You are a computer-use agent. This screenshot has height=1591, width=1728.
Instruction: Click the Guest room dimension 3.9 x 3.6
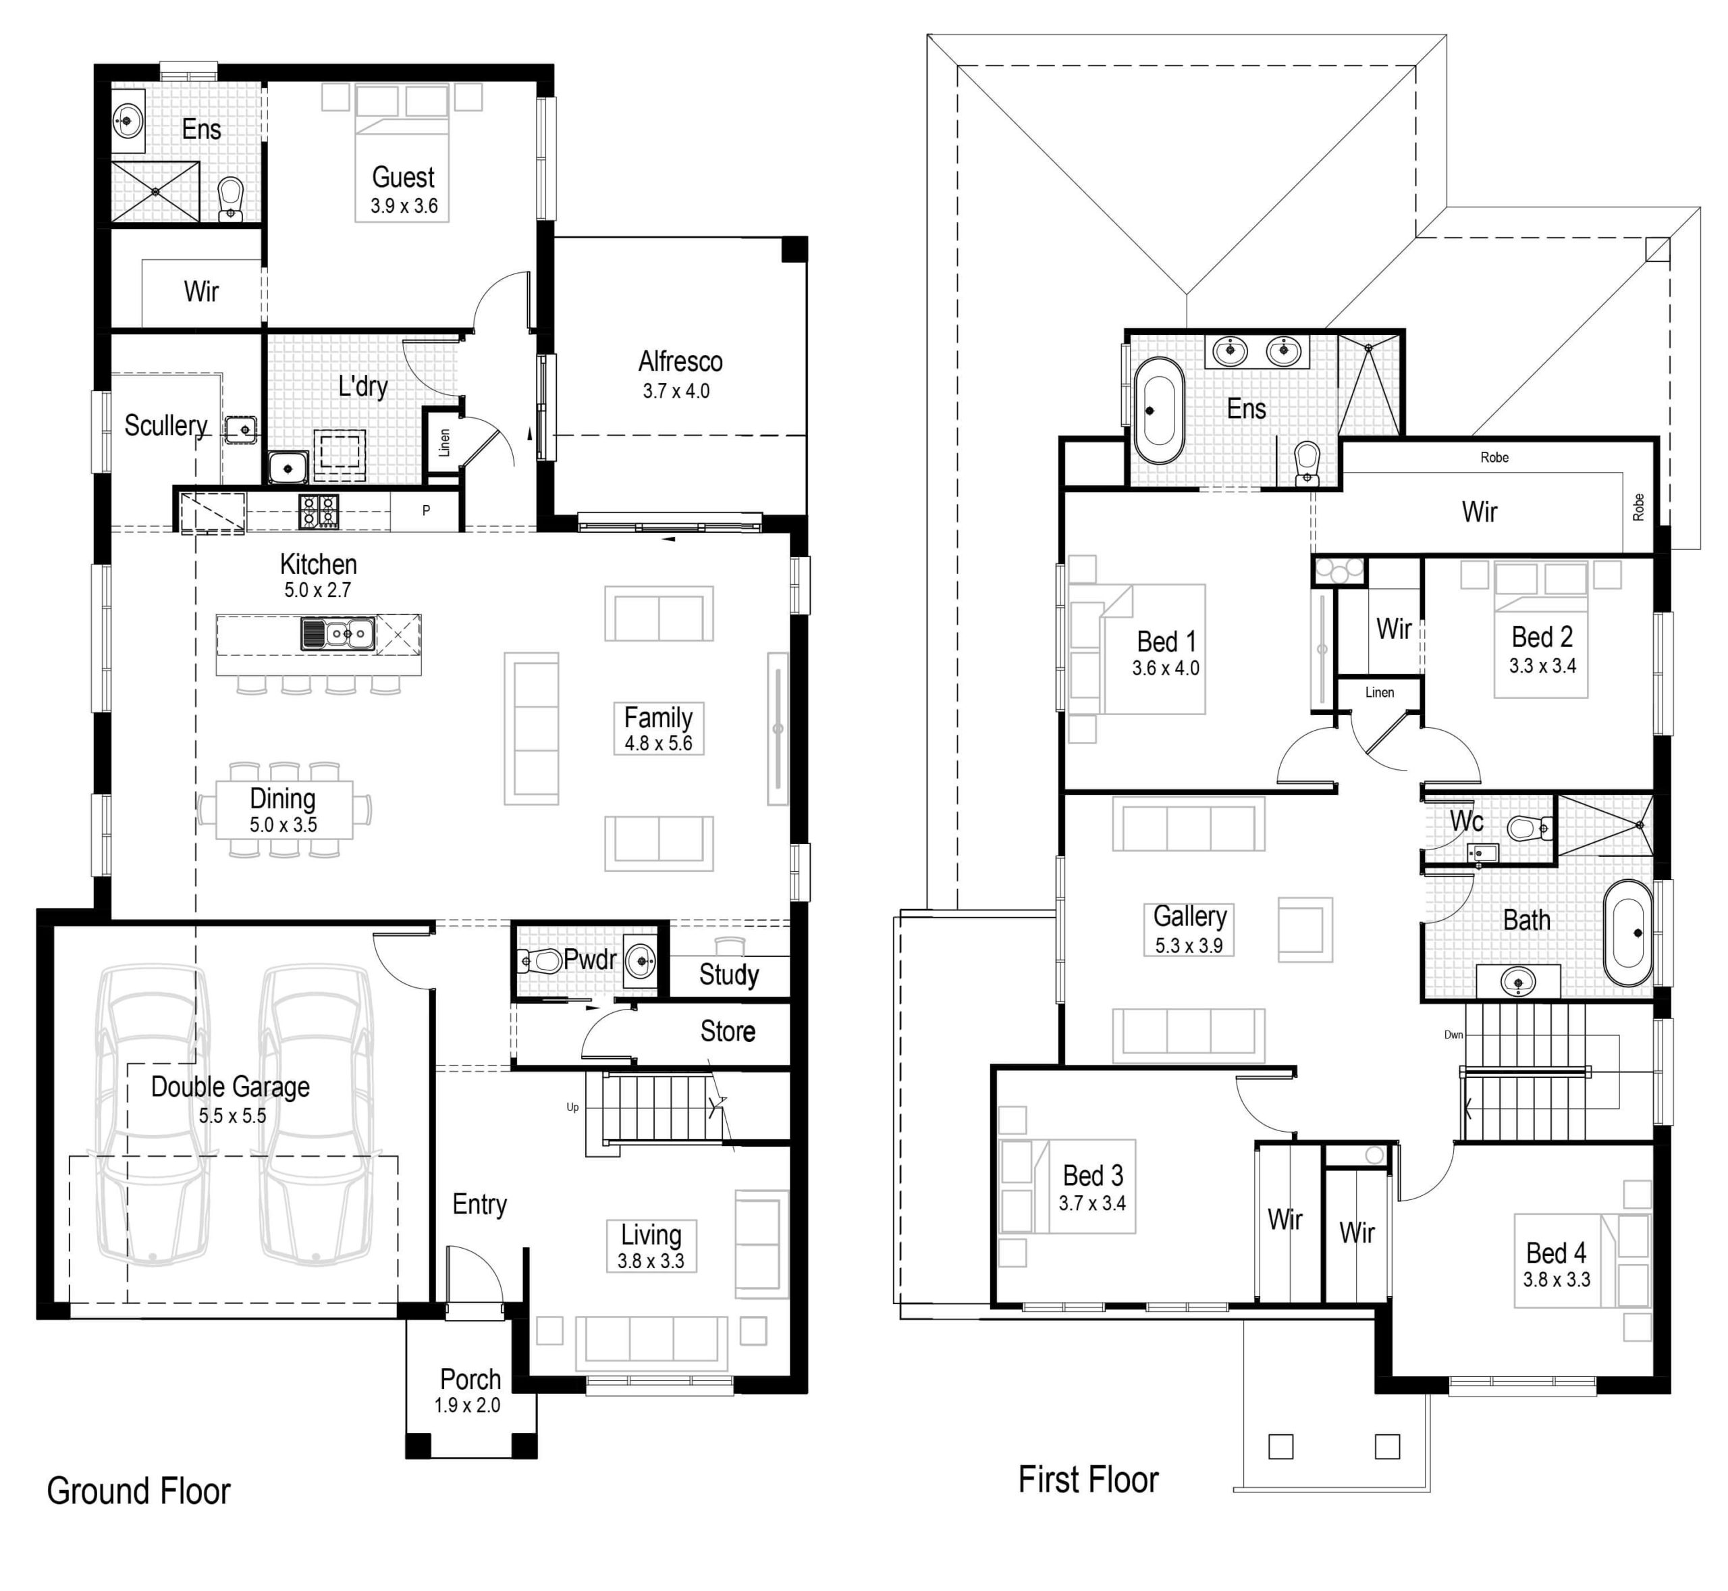coord(404,206)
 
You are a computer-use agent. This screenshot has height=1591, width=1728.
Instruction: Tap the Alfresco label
coord(680,361)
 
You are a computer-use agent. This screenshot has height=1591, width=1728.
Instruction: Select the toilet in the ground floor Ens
coord(231,199)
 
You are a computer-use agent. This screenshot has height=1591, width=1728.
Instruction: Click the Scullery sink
coord(241,429)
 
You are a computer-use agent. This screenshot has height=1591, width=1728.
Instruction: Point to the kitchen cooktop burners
coord(319,511)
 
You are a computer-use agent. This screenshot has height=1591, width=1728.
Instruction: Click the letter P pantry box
coord(426,511)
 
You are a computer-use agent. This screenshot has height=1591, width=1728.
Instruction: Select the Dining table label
coord(282,799)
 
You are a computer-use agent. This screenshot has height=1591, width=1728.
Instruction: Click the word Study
coord(728,974)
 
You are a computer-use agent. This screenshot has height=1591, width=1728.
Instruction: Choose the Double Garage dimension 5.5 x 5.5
coord(232,1116)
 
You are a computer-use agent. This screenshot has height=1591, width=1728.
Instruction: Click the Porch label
coord(470,1379)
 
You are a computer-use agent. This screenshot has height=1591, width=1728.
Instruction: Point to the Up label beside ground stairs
coord(572,1107)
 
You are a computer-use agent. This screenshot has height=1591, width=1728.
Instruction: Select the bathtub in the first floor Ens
coord(1159,411)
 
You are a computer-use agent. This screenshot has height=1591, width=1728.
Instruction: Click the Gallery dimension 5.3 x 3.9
coord(1189,945)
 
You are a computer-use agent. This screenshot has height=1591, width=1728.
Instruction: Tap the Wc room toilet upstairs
coord(1528,828)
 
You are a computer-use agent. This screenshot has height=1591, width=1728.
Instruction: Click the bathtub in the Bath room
coord(1627,933)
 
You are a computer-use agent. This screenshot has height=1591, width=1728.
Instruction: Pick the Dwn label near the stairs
coord(1453,1035)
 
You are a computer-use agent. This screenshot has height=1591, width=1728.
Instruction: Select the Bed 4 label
coord(1556,1252)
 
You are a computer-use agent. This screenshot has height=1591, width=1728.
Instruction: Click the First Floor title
coord(1087,1480)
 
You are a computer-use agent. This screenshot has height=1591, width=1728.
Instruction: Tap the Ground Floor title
coord(138,1491)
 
